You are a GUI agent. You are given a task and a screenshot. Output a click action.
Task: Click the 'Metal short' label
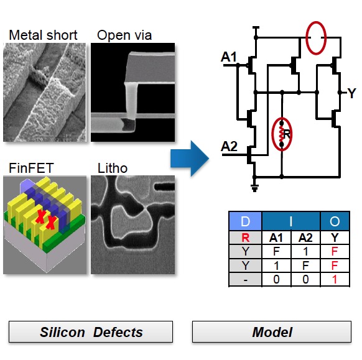pyautogui.click(x=43, y=35)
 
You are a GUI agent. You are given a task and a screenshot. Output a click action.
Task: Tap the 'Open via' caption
pyautogui.click(x=124, y=35)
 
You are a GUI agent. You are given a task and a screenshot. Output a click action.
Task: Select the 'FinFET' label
pyautogui.click(x=31, y=168)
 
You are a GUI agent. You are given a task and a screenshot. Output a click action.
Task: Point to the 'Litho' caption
pyautogui.click(x=113, y=168)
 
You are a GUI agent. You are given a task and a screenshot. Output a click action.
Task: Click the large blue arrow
pyautogui.click(x=190, y=159)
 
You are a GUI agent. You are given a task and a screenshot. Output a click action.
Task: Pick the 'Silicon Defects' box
pyautogui.click(x=91, y=332)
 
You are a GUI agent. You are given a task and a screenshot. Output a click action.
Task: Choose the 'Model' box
pyautogui.click(x=272, y=332)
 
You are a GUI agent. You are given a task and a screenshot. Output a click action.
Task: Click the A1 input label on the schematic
pyautogui.click(x=229, y=57)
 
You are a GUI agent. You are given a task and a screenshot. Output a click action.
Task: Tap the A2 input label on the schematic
pyautogui.click(x=229, y=146)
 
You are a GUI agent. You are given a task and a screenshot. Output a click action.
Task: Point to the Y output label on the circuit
pyautogui.click(x=352, y=93)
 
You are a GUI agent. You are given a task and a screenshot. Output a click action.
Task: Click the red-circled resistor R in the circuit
pyautogui.click(x=282, y=134)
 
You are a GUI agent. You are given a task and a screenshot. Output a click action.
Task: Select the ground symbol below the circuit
pyautogui.click(x=254, y=188)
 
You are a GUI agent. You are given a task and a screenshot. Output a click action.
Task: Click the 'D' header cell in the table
pyautogui.click(x=245, y=221)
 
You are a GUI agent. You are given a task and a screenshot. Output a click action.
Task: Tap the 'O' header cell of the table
pyautogui.click(x=335, y=221)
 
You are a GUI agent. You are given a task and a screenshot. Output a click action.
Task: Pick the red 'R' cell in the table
pyautogui.click(x=246, y=238)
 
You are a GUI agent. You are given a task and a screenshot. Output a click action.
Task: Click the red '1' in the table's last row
pyautogui.click(x=335, y=279)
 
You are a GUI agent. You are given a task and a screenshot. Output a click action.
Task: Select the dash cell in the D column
pyautogui.click(x=246, y=280)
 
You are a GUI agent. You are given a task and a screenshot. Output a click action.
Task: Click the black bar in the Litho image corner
pyautogui.click(x=164, y=187)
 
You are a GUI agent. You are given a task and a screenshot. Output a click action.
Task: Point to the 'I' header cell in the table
pyautogui.click(x=291, y=221)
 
